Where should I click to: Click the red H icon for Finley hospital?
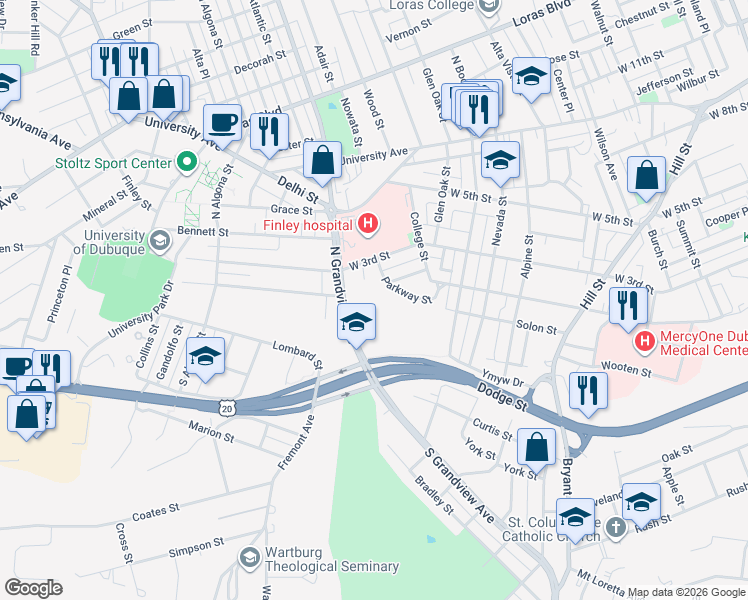367,223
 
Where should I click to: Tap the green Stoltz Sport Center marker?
185,161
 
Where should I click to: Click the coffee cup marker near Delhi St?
223,123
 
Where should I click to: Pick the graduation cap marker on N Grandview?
355,323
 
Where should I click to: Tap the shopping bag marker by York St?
537,447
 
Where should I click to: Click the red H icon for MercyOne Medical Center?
645,342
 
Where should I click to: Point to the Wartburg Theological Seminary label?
331,566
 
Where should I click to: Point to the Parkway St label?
406,291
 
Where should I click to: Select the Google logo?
33,587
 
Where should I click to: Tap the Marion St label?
211,431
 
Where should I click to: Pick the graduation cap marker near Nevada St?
500,159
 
